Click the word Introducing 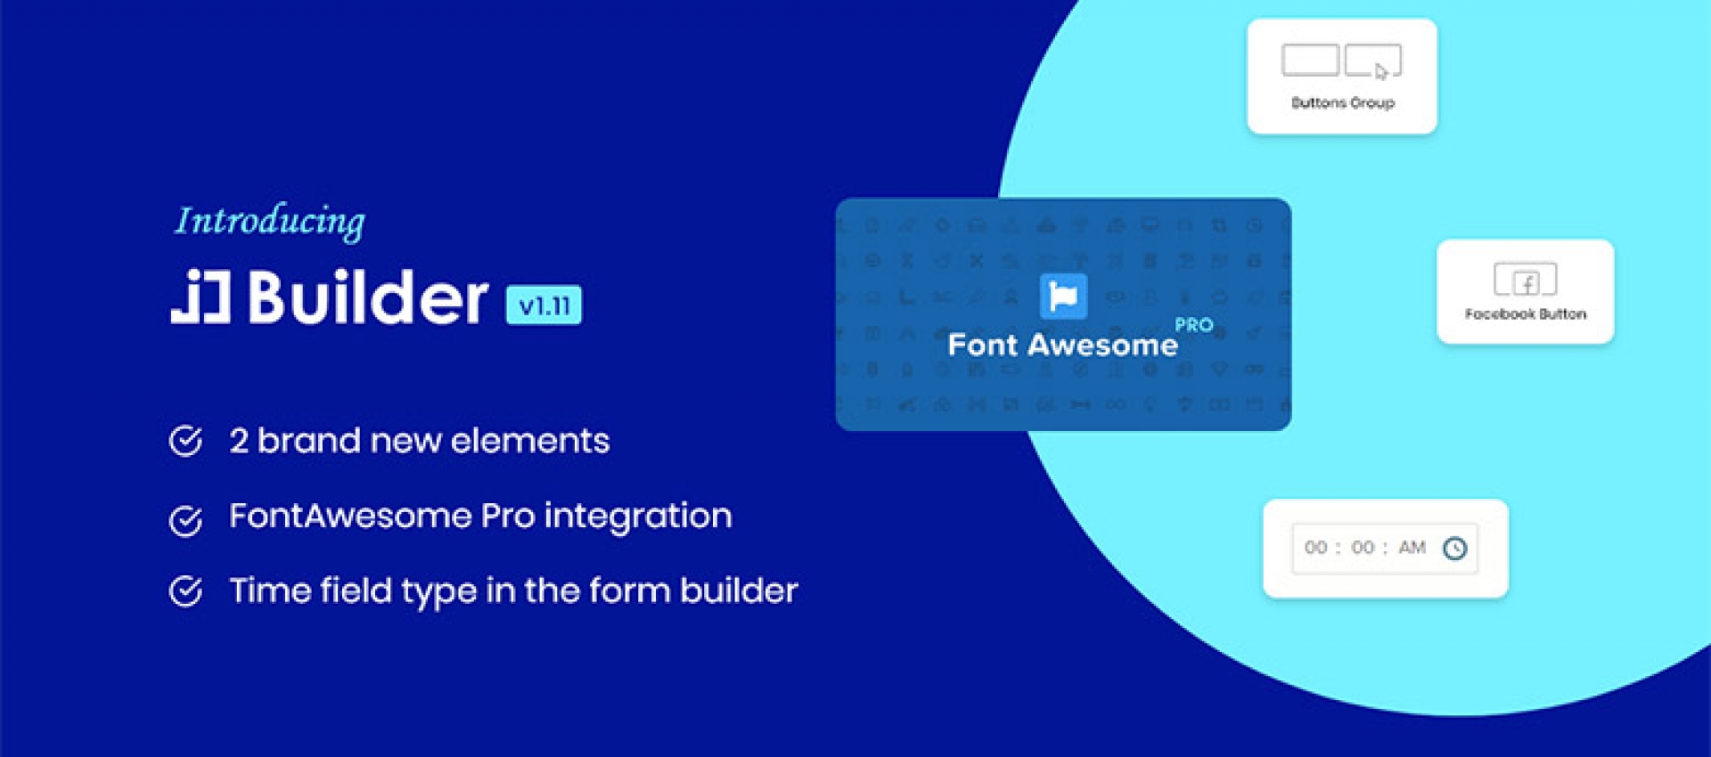click(269, 221)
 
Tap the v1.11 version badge click(544, 305)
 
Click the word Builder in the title click(368, 297)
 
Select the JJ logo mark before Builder click(201, 297)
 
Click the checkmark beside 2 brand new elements click(186, 441)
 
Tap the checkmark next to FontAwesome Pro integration click(186, 520)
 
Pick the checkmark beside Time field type click(186, 590)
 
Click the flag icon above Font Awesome click(1063, 297)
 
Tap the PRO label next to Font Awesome click(1193, 325)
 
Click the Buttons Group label click(1342, 103)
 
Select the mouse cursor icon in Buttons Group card click(1380, 71)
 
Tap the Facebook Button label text click(1525, 314)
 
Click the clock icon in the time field click(1454, 549)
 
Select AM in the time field click(1412, 548)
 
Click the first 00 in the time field click(1315, 548)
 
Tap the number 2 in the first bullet click(239, 441)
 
